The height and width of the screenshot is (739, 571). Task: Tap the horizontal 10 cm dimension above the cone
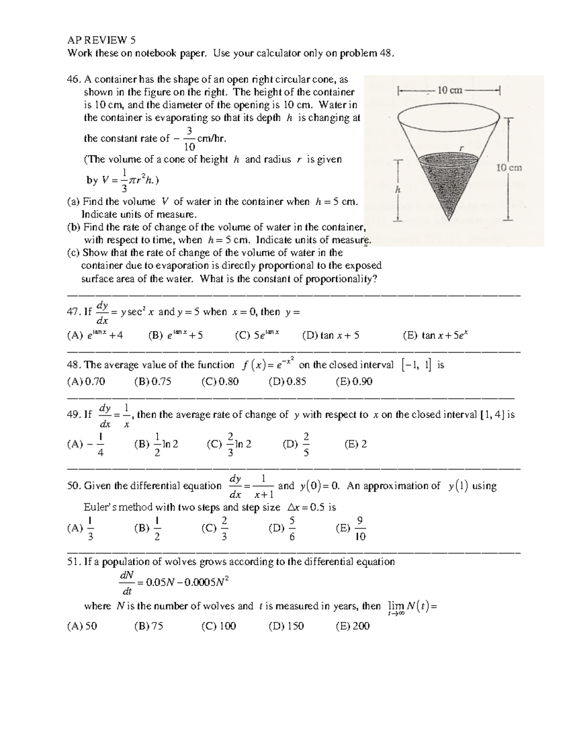(x=449, y=90)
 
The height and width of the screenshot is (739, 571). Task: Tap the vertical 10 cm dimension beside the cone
(x=509, y=167)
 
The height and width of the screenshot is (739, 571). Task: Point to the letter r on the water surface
(x=460, y=148)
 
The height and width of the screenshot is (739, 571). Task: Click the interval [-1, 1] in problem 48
(x=416, y=365)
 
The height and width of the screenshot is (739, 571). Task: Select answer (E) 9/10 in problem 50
(x=351, y=528)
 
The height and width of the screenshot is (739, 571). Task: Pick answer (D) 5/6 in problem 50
(x=284, y=528)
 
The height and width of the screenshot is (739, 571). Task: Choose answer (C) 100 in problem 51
(x=218, y=626)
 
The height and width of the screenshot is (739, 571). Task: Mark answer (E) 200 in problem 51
(x=353, y=626)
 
